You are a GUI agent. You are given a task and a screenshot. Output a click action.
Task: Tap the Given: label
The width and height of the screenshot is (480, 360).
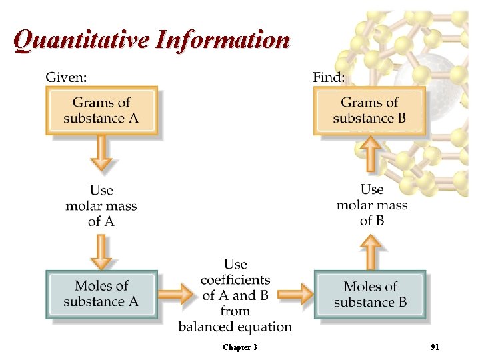pos(65,77)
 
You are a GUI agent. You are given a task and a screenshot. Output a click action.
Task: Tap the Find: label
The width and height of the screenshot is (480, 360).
pos(329,77)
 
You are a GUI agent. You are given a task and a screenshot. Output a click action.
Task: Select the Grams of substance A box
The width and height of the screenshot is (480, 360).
pos(101,111)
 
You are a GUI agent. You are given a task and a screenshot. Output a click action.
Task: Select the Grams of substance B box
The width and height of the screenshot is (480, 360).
pos(369,111)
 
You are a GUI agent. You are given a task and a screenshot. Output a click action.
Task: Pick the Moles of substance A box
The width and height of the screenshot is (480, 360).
pos(101,294)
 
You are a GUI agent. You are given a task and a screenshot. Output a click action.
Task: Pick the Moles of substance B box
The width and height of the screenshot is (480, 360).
pos(370,294)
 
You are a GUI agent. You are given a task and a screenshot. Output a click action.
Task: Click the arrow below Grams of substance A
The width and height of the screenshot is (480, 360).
pos(101,154)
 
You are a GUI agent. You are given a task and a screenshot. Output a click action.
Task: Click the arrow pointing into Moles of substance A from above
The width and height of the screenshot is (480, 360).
pos(101,252)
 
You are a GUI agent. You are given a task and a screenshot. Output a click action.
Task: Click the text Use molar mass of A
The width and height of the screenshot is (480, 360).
pos(101,205)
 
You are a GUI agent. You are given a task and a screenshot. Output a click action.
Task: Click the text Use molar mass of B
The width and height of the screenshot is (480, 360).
pos(372,204)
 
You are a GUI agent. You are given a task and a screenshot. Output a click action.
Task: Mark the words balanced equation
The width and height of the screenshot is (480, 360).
pos(235,327)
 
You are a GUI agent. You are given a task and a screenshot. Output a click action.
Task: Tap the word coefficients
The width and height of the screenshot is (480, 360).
pos(235,280)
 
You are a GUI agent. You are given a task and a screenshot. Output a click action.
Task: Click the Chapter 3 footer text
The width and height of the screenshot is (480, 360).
pos(240,347)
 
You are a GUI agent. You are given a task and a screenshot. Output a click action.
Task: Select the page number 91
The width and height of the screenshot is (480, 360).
pos(435,347)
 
